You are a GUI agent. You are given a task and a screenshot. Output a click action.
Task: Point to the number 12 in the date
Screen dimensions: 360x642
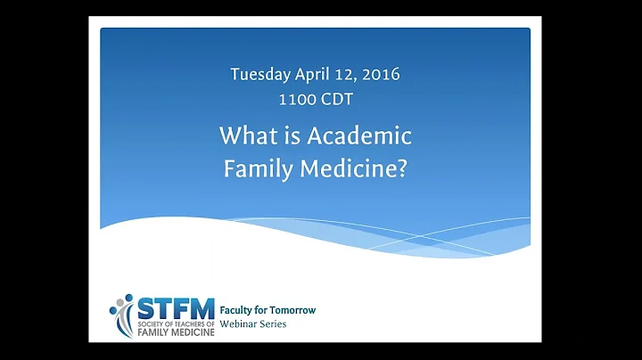(343, 74)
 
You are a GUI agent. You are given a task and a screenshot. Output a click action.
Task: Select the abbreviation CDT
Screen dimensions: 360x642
(335, 100)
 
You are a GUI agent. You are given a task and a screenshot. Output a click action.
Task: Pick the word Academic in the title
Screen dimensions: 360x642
(367, 136)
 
